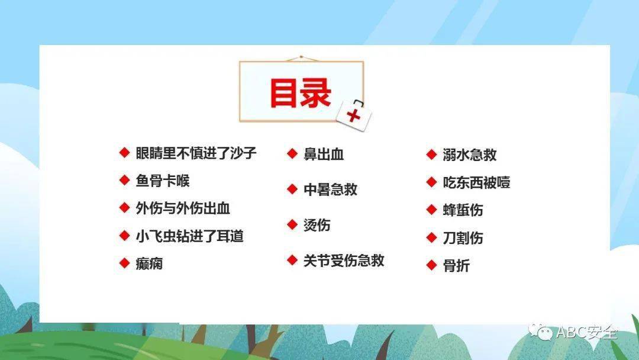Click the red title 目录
pyautogui.click(x=301, y=92)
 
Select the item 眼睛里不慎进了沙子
pyautogui.click(x=196, y=153)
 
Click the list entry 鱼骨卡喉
pyautogui.click(x=163, y=181)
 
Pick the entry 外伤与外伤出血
pyautogui.click(x=183, y=208)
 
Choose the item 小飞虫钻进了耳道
pyautogui.click(x=189, y=236)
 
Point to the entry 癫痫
pyautogui.click(x=149, y=263)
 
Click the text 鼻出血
pyautogui.click(x=324, y=155)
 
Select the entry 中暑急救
pyautogui.click(x=330, y=189)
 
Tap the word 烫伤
pyautogui.click(x=317, y=225)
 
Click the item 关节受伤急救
pyautogui.click(x=344, y=261)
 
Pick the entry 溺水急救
pyautogui.click(x=470, y=155)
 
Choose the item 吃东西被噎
pyautogui.click(x=476, y=182)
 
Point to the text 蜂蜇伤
pyautogui.click(x=463, y=210)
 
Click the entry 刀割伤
pyautogui.click(x=463, y=238)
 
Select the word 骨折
pyautogui.click(x=456, y=266)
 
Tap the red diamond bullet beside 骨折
pyautogui.click(x=431, y=265)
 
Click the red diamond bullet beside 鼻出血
pyautogui.click(x=292, y=154)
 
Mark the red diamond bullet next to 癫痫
pyautogui.click(x=124, y=263)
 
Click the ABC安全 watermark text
pyautogui.click(x=586, y=332)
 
